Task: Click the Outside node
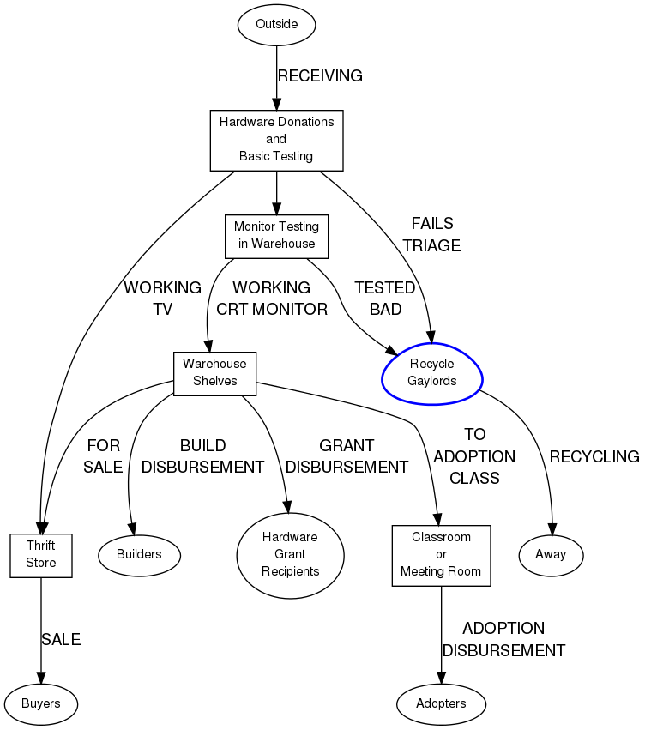pyautogui.click(x=276, y=24)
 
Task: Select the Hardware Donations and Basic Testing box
pyautogui.click(x=276, y=139)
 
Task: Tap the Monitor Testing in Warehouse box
pyautogui.click(x=276, y=235)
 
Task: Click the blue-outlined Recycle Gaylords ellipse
pyautogui.click(x=432, y=372)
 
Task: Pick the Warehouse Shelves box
pyautogui.click(x=214, y=372)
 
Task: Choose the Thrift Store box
pyautogui.click(x=40, y=554)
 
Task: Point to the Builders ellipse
pyautogui.click(x=139, y=554)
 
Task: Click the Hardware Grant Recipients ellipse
pyautogui.click(x=290, y=554)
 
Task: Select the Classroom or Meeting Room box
pyautogui.click(x=441, y=554)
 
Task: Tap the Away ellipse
pyautogui.click(x=551, y=554)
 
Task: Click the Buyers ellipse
pyautogui.click(x=40, y=703)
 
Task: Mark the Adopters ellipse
pyautogui.click(x=441, y=703)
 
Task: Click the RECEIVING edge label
pyautogui.click(x=320, y=76)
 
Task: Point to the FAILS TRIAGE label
pyautogui.click(x=432, y=234)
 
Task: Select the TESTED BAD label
pyautogui.click(x=385, y=298)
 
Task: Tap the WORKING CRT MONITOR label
pyautogui.click(x=272, y=298)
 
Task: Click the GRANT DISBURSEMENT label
pyautogui.click(x=347, y=456)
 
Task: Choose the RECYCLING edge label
pyautogui.click(x=594, y=456)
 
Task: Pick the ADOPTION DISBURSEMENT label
pyautogui.click(x=503, y=639)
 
